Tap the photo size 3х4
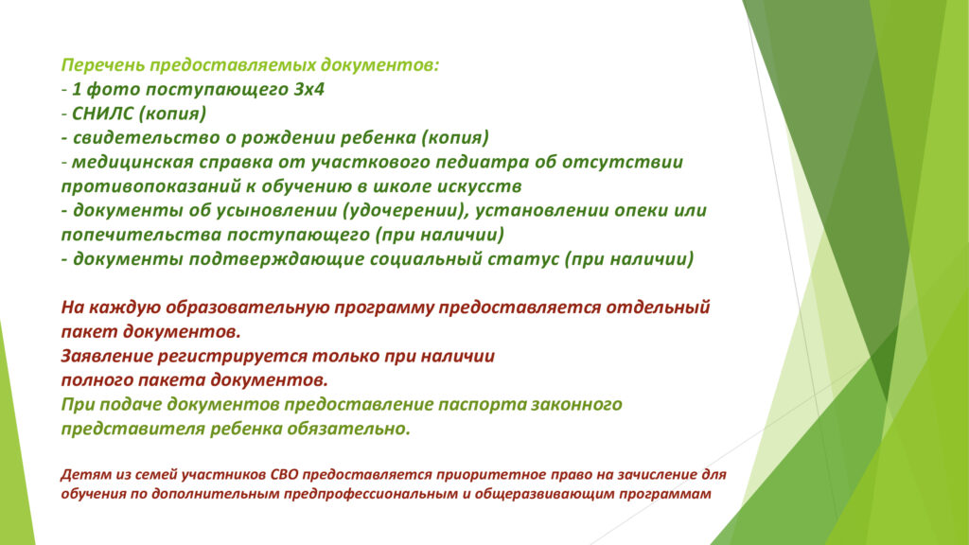(309, 90)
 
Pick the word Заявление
(106, 357)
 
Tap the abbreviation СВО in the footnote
(285, 475)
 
